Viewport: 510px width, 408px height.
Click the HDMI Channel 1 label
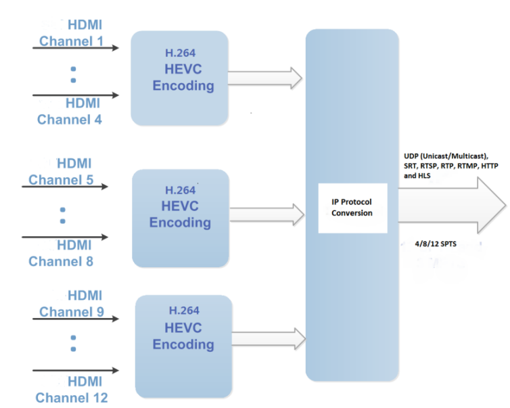[71, 33]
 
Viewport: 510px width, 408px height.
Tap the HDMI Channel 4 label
[69, 112]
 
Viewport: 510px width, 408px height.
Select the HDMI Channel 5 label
[61, 171]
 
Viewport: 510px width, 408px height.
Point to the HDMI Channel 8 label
[61, 253]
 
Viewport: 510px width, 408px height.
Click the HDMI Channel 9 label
[72, 304]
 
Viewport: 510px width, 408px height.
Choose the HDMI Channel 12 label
[72, 390]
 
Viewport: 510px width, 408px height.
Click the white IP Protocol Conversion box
[352, 208]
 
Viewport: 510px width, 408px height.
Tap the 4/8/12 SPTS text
[436, 244]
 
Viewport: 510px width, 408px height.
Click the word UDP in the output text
[411, 156]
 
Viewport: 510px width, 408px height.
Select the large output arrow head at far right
[491, 205]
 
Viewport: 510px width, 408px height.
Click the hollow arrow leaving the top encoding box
[265, 78]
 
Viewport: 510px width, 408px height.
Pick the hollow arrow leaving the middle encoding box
[267, 214]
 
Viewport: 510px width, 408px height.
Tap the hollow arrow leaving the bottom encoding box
[269, 339]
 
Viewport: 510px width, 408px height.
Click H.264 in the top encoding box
[180, 53]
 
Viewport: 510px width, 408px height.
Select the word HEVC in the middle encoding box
[180, 206]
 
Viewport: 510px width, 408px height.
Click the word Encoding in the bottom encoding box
[183, 344]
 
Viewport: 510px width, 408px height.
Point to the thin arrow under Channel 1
[76, 48]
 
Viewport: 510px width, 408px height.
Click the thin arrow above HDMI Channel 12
[76, 370]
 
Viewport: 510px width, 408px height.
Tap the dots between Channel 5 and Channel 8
[63, 215]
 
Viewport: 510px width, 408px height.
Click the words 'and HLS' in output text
[417, 176]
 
